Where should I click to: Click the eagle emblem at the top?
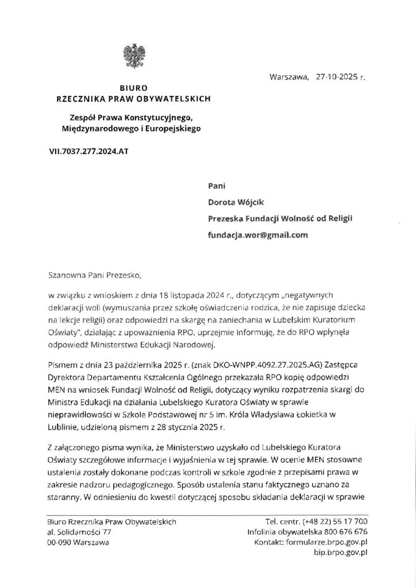(x=133, y=55)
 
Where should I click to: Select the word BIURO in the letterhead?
(x=133, y=88)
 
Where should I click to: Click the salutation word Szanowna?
(x=70, y=273)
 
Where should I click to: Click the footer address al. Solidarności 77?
(x=79, y=532)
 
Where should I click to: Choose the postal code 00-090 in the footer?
(x=59, y=542)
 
